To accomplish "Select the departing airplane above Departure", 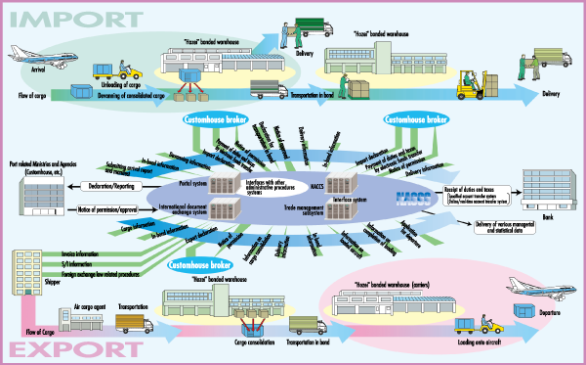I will coord(536,290).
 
